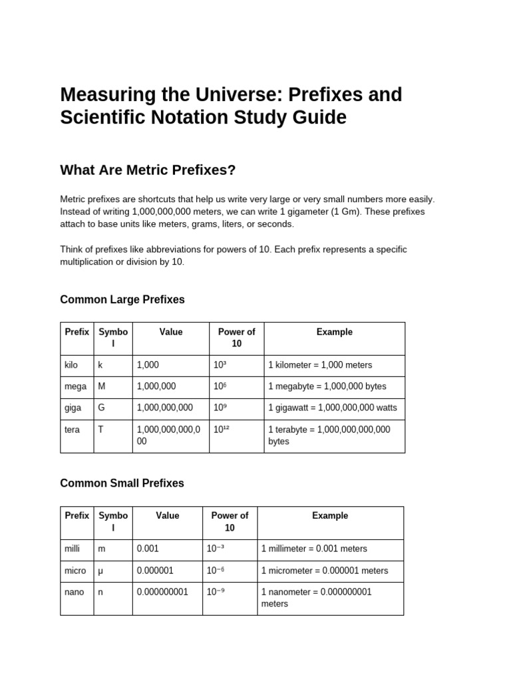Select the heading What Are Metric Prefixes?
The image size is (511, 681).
tap(148, 170)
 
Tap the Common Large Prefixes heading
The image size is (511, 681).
tap(122, 300)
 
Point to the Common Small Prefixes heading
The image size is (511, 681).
tap(122, 483)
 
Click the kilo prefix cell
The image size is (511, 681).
tap(71, 365)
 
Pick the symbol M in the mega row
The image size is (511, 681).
tap(102, 386)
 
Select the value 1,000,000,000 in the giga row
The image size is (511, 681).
tap(164, 408)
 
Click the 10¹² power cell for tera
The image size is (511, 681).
tap(222, 430)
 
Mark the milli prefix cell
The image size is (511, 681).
tap(72, 549)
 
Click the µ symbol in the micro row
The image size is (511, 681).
tap(101, 571)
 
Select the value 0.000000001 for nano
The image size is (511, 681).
tap(162, 592)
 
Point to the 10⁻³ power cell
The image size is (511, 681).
tap(216, 549)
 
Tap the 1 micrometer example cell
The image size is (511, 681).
tap(324, 571)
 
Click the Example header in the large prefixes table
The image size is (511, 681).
tap(334, 332)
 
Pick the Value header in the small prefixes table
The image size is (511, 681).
tap(167, 515)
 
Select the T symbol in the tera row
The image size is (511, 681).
tap(101, 430)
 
